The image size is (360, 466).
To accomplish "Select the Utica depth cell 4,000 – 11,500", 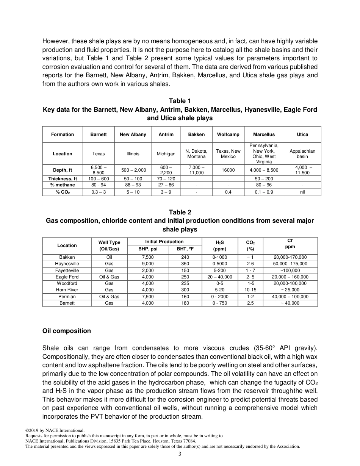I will pyautogui.click(x=302, y=170).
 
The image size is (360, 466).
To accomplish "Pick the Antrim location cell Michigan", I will pyautogui.click(x=166, y=154).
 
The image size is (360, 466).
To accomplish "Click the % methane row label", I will pyautogui.click(x=63, y=185).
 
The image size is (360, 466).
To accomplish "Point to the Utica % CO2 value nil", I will pyautogui.click(x=302, y=192).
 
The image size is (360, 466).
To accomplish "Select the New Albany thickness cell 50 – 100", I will pyautogui.click(x=133, y=179).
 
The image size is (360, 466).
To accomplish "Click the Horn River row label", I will pyautogui.click(x=67, y=290).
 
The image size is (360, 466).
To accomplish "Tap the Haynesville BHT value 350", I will pyautogui.click(x=185, y=264).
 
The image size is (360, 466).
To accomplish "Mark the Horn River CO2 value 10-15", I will pyautogui.click(x=250, y=290).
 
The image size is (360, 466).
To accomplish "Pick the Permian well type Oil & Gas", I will pyautogui.click(x=109, y=297).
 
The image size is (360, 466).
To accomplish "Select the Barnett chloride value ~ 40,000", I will pyautogui.click(x=290, y=303).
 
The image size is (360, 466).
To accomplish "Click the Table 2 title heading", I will pyautogui.click(x=180, y=212).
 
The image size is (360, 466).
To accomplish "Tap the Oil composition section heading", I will pyautogui.click(x=67, y=331).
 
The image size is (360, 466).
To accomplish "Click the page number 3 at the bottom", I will pyautogui.click(x=180, y=454).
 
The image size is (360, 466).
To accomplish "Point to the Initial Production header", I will pyautogui.click(x=164, y=242).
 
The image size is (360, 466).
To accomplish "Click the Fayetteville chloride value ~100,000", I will pyautogui.click(x=290, y=271).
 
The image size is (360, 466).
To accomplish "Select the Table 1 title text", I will pyautogui.click(x=180, y=101).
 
